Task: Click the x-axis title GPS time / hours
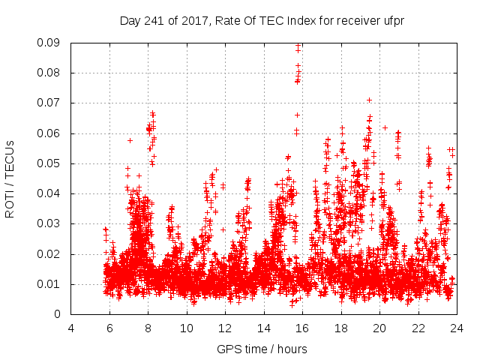[x=262, y=349]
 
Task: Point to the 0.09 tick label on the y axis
[x=51, y=43]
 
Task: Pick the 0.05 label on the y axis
[x=51, y=163]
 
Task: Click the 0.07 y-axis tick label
[x=51, y=103]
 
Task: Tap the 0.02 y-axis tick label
[x=51, y=253]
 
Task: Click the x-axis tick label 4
[x=71, y=328]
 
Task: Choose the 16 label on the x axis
[x=301, y=328]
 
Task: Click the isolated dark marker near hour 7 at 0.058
[x=130, y=140]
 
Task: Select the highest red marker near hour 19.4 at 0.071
[x=369, y=100]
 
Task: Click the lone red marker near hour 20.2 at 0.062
[x=385, y=127]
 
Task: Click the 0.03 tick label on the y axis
[x=51, y=223]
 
